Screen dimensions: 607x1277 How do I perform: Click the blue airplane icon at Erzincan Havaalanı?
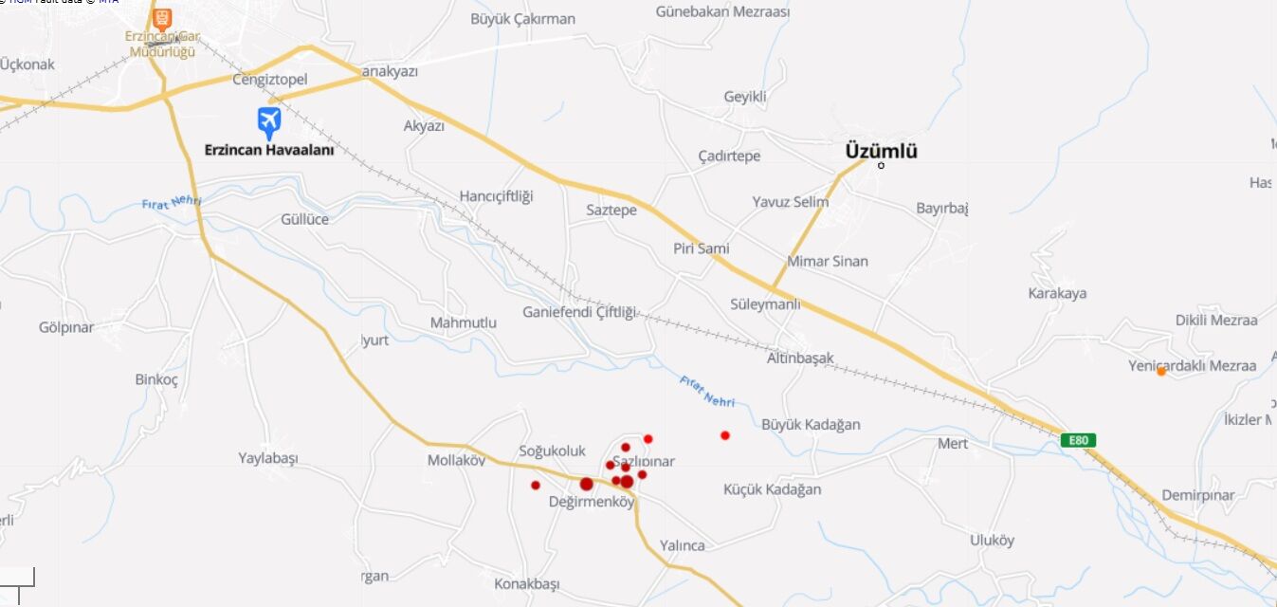(x=269, y=121)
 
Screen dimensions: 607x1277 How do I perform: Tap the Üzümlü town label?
(x=881, y=151)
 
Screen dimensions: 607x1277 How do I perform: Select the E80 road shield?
(x=1078, y=440)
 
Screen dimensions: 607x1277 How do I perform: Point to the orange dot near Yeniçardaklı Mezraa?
(x=1160, y=371)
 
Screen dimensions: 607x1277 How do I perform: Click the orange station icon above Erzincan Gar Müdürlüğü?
(x=162, y=18)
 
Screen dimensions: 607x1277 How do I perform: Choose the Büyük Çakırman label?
(x=522, y=18)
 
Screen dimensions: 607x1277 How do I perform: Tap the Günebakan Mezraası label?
(x=722, y=12)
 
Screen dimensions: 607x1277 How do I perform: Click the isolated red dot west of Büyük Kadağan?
(x=725, y=435)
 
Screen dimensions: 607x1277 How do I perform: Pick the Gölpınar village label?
(x=66, y=327)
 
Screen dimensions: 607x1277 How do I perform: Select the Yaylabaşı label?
(x=267, y=458)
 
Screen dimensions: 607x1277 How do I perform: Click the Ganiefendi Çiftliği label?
(x=579, y=312)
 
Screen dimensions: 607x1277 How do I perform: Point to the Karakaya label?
(x=1057, y=293)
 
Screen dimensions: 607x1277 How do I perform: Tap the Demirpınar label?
(x=1198, y=495)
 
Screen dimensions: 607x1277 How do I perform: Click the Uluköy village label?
(x=992, y=541)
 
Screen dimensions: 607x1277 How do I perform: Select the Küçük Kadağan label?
(x=772, y=489)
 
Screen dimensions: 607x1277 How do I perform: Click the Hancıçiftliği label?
(x=496, y=196)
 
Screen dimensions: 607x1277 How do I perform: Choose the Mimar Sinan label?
(x=827, y=261)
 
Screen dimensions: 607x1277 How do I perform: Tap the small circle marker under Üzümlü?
(x=881, y=166)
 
